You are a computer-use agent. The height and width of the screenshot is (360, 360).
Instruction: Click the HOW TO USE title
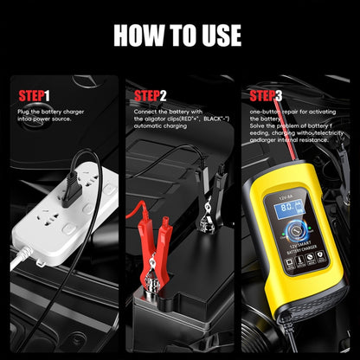tap(180, 35)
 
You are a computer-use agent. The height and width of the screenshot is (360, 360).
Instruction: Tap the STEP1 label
tap(35, 95)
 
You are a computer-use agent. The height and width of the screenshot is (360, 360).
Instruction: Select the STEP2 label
tap(151, 95)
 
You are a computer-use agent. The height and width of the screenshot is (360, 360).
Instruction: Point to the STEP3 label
tap(265, 95)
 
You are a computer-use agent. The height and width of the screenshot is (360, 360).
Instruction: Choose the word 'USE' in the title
tap(216, 35)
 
